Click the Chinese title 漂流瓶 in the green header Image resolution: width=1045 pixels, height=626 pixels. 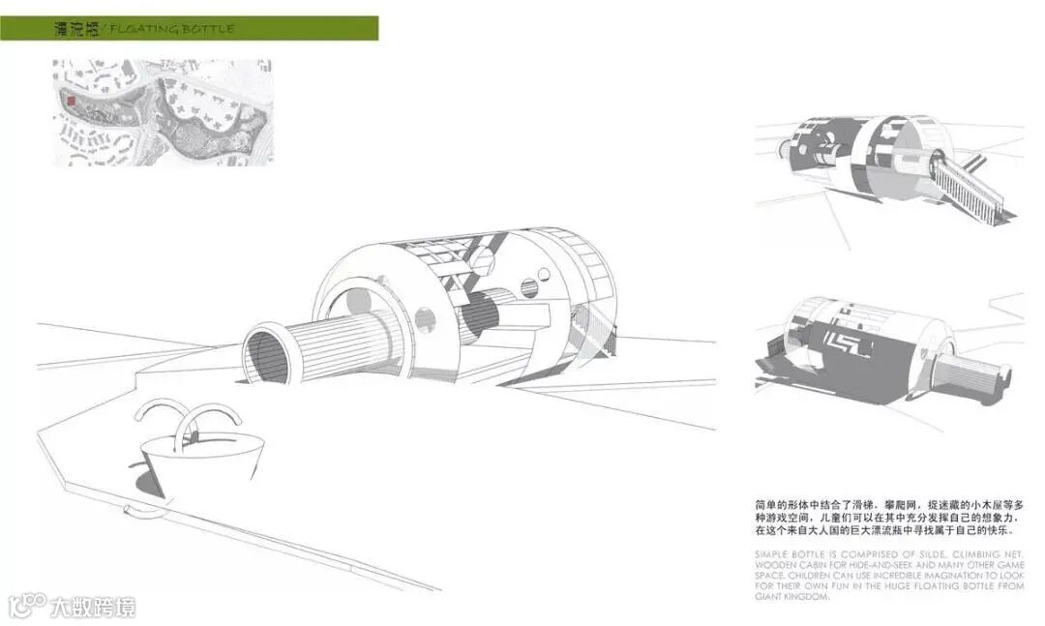78,29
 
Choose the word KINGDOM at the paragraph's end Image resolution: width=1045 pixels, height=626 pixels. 808,597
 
